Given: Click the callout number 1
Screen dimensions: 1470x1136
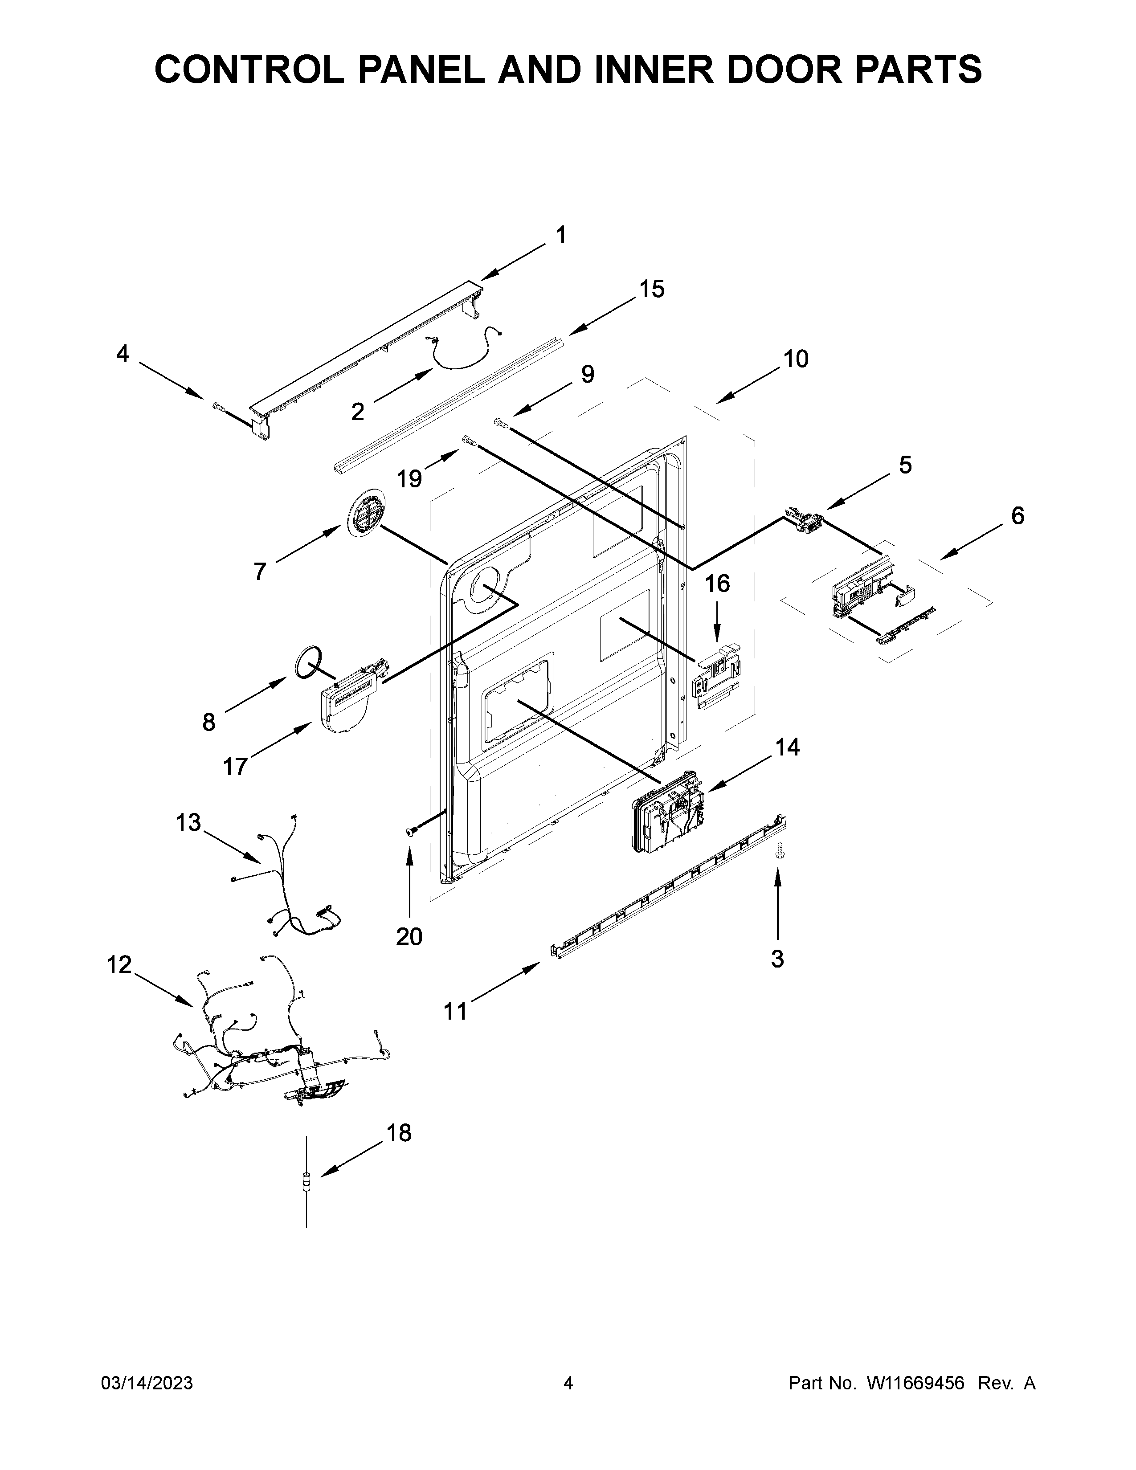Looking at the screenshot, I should tap(560, 236).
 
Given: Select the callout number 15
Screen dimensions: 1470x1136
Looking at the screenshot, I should tap(651, 290).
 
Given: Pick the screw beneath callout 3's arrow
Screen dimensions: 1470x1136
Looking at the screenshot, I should tap(780, 850).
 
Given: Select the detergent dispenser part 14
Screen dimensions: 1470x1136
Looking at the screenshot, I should tap(667, 813).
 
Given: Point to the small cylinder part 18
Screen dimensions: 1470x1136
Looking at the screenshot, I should tap(307, 1183).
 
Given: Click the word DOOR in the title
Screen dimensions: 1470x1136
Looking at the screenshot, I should tap(782, 69).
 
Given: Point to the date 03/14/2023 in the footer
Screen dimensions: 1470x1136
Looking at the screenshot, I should tap(146, 1383).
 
